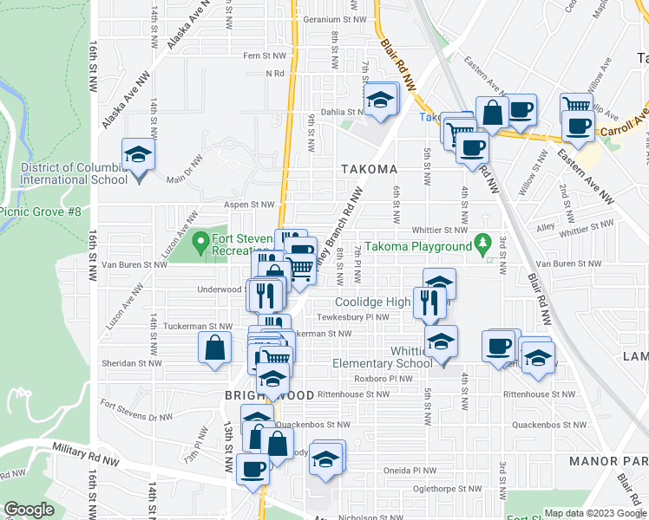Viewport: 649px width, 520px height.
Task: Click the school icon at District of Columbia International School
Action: (x=137, y=156)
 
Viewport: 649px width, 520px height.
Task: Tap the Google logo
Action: (x=29, y=510)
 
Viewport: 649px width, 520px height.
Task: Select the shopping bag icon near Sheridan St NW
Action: (x=214, y=349)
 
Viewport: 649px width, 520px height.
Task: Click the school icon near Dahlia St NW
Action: (x=379, y=100)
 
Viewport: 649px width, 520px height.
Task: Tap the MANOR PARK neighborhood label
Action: (x=606, y=459)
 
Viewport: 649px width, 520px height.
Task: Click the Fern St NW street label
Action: (x=264, y=55)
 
